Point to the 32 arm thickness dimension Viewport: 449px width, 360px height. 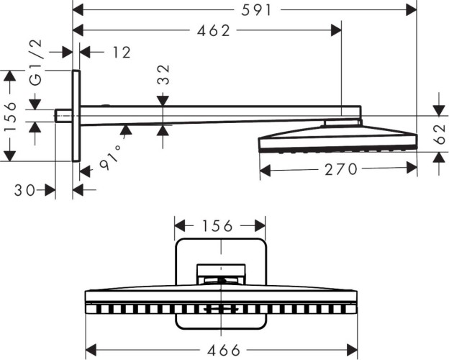click(x=164, y=75)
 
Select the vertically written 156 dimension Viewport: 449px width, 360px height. click(x=10, y=115)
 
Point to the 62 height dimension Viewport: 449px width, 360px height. click(x=440, y=134)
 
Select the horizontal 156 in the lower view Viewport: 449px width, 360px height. click(x=219, y=226)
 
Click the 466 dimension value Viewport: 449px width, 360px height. click(x=220, y=350)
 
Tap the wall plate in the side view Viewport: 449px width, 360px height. click(x=76, y=115)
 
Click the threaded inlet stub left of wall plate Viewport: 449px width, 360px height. click(x=63, y=115)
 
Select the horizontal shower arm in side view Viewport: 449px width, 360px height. click(x=216, y=114)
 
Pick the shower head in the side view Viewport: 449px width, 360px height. click(x=337, y=140)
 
